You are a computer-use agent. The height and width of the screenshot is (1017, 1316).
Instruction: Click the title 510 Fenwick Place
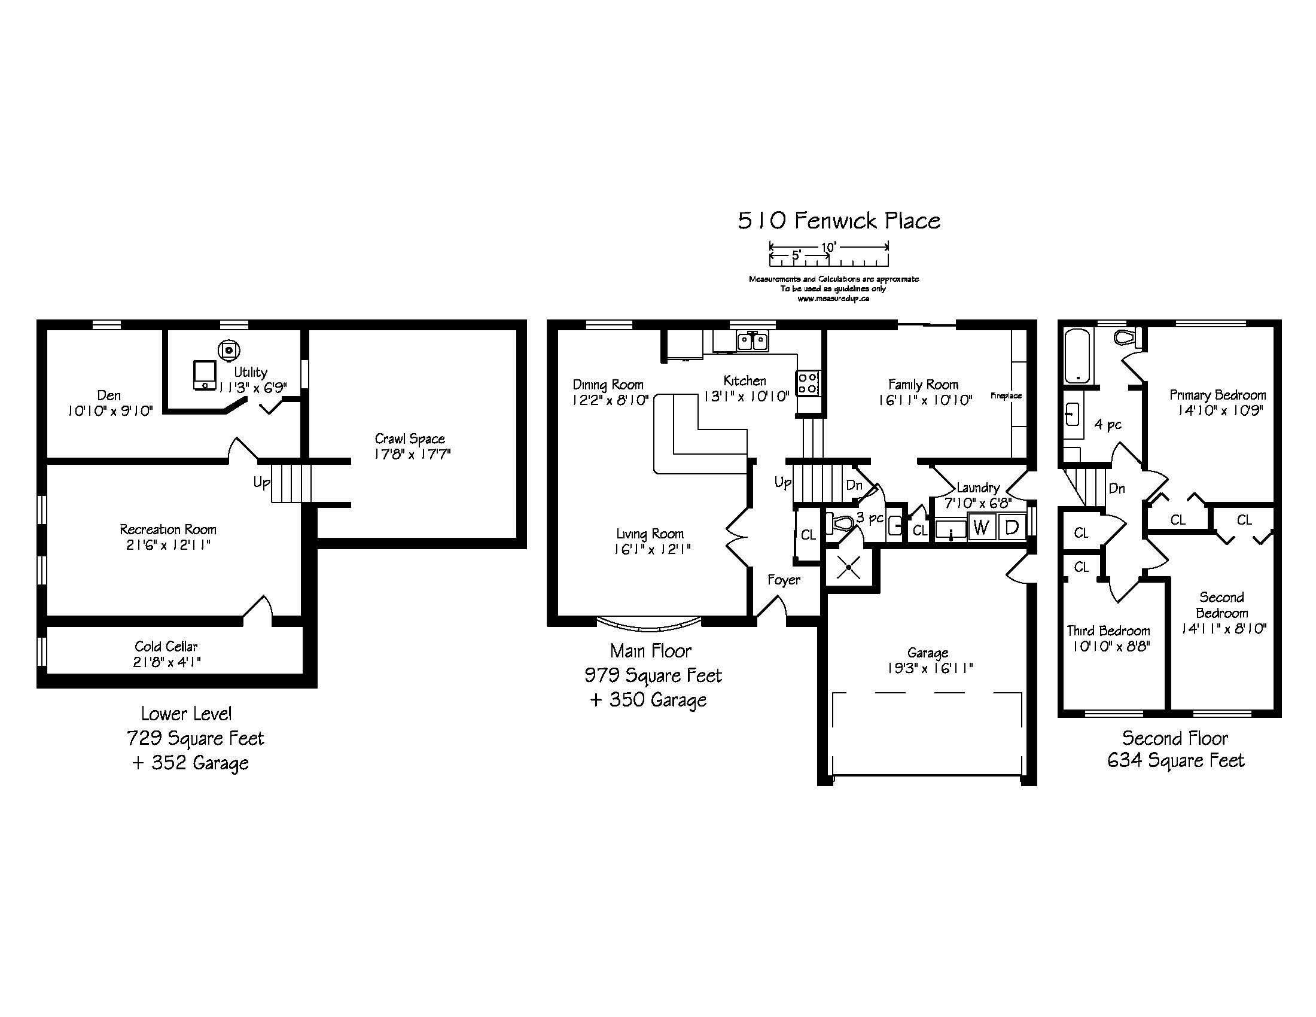point(839,221)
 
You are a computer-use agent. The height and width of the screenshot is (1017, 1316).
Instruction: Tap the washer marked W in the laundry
point(982,527)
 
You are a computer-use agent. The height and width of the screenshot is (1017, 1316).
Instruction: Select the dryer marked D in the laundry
point(1012,527)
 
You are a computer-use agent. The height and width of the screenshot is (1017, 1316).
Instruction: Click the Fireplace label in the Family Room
point(1006,396)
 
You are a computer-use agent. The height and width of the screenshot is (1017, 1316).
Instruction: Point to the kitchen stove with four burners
point(808,383)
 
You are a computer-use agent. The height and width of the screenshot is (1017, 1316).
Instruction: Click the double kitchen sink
point(753,342)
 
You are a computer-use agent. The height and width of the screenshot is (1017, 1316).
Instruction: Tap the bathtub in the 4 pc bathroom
point(1077,355)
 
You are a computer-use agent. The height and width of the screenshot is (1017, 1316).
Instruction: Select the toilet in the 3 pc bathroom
point(840,523)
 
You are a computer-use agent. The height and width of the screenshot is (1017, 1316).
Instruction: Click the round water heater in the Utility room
point(230,349)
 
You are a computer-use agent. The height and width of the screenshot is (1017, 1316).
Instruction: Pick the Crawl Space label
point(410,439)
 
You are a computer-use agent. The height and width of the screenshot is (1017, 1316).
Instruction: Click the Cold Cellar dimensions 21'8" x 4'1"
point(167,662)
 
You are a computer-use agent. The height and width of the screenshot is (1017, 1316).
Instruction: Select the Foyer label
point(784,580)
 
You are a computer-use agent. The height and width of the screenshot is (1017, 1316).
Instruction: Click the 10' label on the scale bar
point(828,247)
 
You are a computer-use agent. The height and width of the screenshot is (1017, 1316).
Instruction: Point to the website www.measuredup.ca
point(833,299)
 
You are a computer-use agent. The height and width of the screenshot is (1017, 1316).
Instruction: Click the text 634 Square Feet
point(1175,760)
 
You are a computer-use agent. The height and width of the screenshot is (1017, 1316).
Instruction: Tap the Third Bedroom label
point(1108,631)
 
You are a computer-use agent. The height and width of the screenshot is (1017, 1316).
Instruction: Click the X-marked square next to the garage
point(849,567)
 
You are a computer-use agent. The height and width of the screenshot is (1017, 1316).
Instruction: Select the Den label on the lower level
point(109,395)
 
